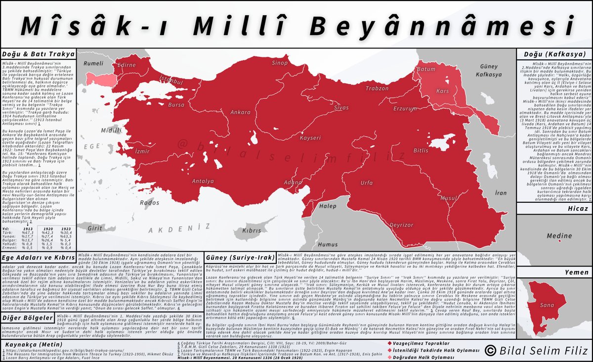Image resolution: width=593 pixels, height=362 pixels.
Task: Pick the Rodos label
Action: pos(150,202)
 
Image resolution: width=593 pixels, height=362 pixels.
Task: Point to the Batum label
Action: pos(426,70)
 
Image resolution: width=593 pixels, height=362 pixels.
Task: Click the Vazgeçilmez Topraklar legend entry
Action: pos(419,343)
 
